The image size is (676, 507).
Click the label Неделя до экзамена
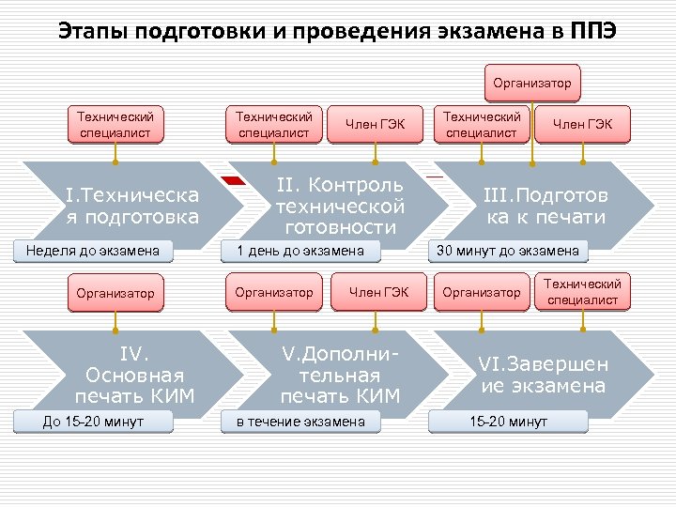click(x=93, y=251)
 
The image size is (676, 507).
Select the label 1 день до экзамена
click(x=300, y=251)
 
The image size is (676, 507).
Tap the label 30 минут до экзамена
click(x=508, y=251)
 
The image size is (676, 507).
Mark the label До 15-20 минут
click(x=93, y=422)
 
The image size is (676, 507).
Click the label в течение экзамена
click(x=300, y=422)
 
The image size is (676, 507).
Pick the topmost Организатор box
click(x=532, y=84)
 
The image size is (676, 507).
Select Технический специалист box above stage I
click(x=115, y=125)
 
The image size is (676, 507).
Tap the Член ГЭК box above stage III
click(x=582, y=125)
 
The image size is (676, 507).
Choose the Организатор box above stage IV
click(x=115, y=293)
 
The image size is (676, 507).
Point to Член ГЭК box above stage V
click(x=378, y=293)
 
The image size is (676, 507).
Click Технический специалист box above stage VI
click(x=582, y=292)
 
